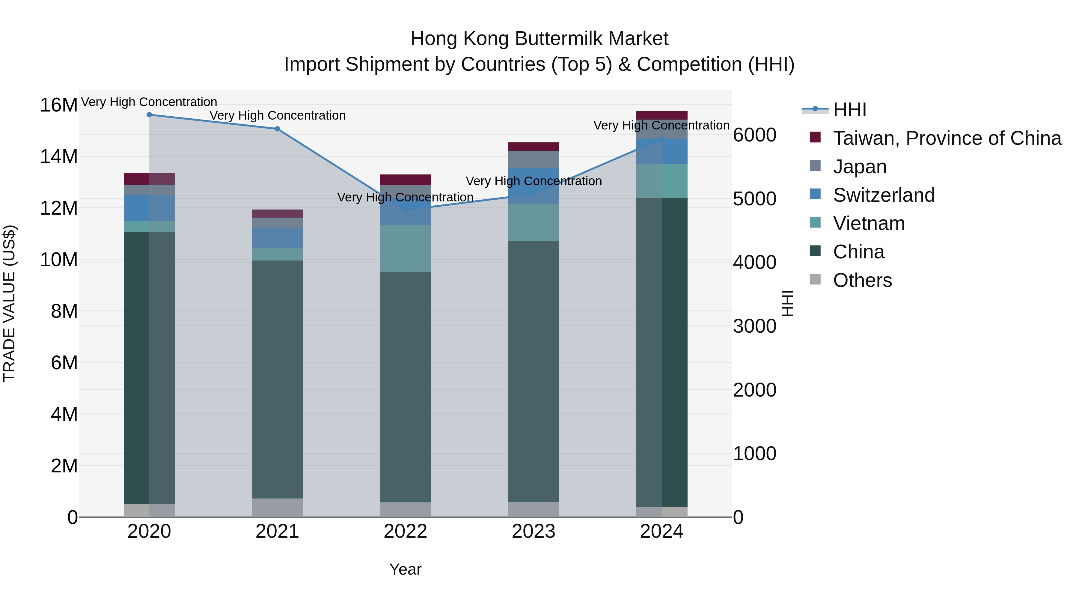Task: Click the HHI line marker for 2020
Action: click(x=149, y=115)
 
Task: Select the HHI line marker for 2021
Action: click(x=277, y=129)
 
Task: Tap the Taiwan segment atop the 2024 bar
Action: click(x=661, y=116)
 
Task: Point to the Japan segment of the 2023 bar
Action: click(x=533, y=159)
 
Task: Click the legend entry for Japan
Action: click(x=860, y=167)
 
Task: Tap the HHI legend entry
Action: click(x=849, y=110)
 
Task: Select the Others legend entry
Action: click(x=862, y=280)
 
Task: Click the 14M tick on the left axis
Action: click(x=59, y=157)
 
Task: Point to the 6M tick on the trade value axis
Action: click(x=64, y=363)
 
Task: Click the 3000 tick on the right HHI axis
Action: click(x=754, y=326)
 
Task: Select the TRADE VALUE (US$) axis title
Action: click(x=9, y=303)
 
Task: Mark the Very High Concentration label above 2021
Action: click(x=277, y=116)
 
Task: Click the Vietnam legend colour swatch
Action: click(x=815, y=222)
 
